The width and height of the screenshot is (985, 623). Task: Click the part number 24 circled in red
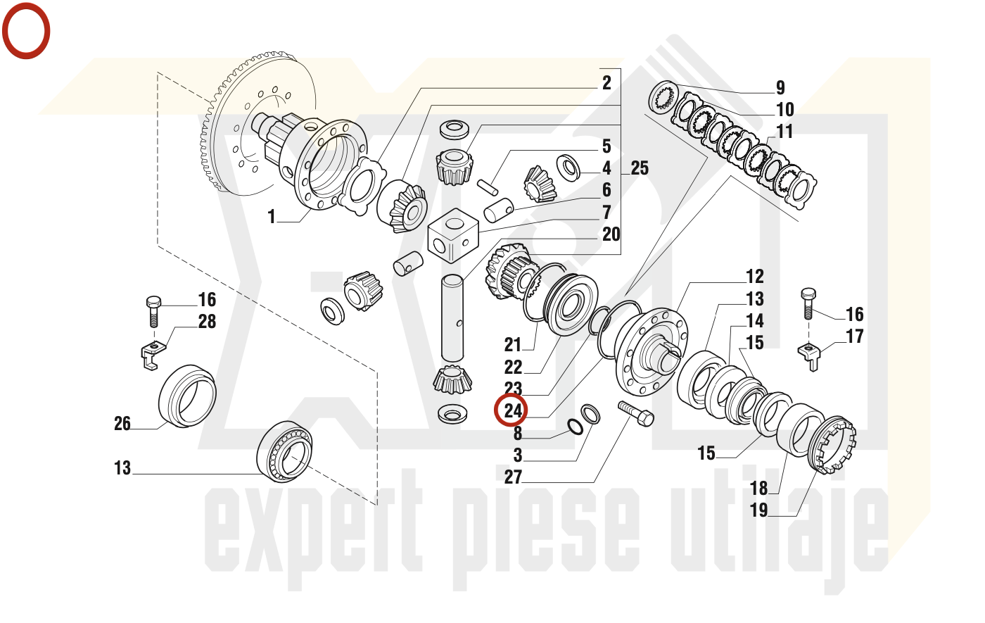pos(513,410)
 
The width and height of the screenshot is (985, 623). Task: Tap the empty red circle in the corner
pos(26,30)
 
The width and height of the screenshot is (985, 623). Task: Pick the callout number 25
pos(640,168)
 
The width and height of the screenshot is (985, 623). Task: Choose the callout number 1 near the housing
pos(272,217)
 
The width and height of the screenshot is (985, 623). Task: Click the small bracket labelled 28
pos(150,353)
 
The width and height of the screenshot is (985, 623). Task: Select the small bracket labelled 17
pos(811,355)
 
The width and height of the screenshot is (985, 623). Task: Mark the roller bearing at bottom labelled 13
pos(285,452)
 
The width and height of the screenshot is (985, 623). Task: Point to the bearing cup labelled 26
pos(186,396)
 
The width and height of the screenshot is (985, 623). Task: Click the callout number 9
pos(780,88)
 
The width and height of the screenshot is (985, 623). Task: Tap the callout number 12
pos(755,277)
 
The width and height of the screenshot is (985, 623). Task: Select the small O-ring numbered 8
pos(575,426)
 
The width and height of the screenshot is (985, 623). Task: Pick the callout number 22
pos(514,367)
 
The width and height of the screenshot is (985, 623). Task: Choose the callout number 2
pos(606,82)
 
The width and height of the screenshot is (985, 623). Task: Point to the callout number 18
pos(758,488)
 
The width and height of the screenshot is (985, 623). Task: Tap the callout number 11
pos(784,132)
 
